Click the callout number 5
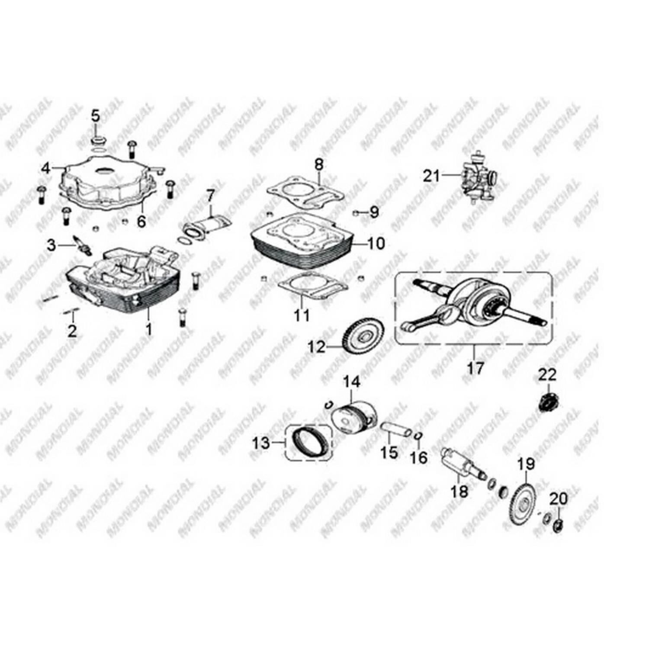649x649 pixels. [x=95, y=116]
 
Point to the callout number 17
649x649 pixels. [x=475, y=368]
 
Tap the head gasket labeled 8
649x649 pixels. [x=305, y=191]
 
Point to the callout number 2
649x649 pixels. [x=72, y=331]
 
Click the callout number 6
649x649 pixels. [x=141, y=222]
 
